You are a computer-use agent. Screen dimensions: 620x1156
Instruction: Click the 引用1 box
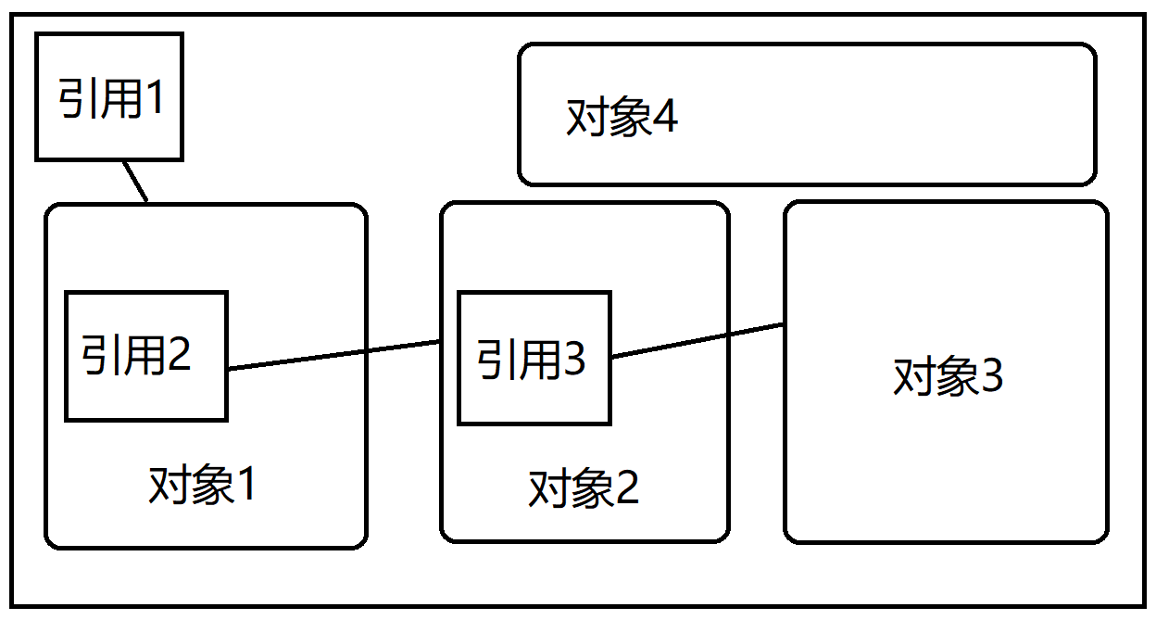point(109,96)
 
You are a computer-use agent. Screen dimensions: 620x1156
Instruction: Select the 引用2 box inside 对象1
point(145,356)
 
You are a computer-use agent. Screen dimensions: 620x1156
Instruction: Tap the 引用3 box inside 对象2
point(534,359)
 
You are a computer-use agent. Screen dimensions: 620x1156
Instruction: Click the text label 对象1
point(202,486)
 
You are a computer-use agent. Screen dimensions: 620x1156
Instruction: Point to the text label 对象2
point(584,488)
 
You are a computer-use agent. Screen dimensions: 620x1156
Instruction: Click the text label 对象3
point(948,377)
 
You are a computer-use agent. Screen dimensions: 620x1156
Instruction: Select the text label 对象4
point(622,118)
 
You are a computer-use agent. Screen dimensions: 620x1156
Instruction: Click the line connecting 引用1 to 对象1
point(135,181)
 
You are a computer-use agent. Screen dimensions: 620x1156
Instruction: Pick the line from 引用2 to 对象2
point(333,355)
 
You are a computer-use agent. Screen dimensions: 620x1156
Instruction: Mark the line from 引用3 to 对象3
point(697,340)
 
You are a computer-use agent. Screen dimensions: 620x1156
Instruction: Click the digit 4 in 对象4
point(666,118)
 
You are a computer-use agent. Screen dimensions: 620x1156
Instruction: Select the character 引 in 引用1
point(76,98)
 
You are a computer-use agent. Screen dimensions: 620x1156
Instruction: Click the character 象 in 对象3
point(950,377)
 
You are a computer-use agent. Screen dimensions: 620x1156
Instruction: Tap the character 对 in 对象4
point(584,119)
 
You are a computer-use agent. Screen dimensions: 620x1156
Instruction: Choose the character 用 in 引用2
point(141,354)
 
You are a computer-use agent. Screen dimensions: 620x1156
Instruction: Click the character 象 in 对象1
point(206,486)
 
